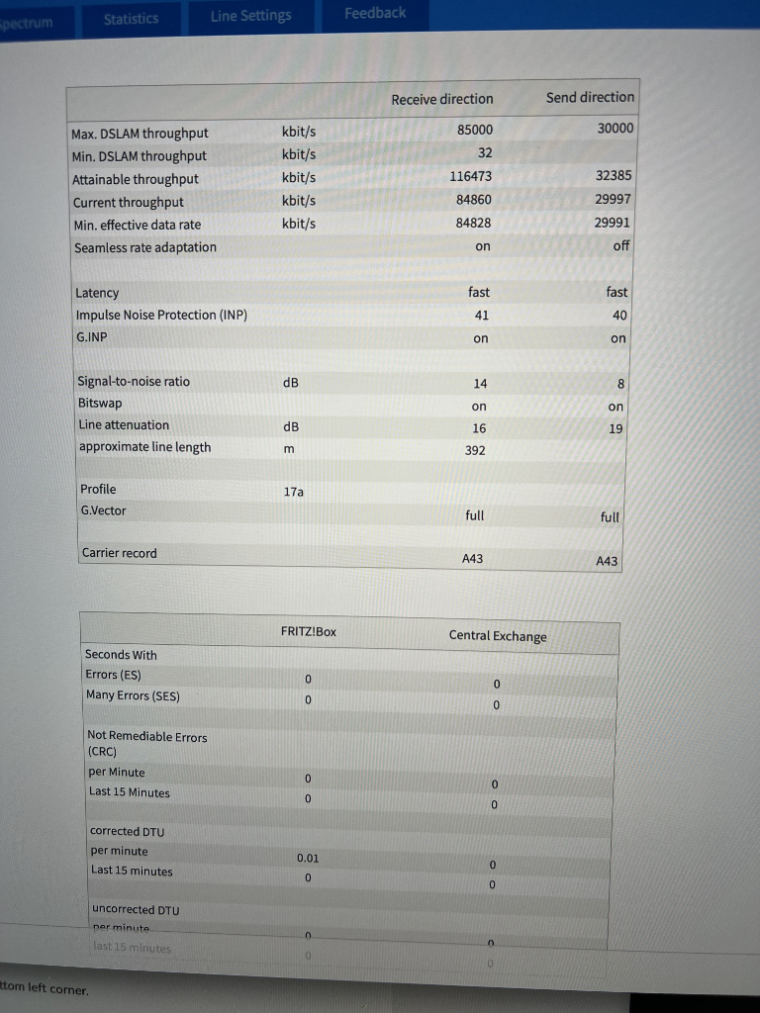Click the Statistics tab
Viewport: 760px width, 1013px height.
pyautogui.click(x=131, y=19)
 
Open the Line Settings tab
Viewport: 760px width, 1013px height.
pyautogui.click(x=250, y=16)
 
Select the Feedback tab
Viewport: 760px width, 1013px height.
pyautogui.click(x=375, y=13)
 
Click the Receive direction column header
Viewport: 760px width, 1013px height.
pyautogui.click(x=441, y=99)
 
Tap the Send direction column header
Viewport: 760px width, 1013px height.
pyautogui.click(x=590, y=97)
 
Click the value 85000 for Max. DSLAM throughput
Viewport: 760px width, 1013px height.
pyautogui.click(x=475, y=130)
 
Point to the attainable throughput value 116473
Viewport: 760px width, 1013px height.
pyautogui.click(x=472, y=176)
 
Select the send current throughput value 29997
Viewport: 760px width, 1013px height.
pyautogui.click(x=614, y=199)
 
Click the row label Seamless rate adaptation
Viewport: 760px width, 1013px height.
pyautogui.click(x=144, y=247)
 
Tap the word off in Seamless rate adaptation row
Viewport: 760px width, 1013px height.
pyautogui.click(x=620, y=245)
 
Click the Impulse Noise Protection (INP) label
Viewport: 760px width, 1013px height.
pyautogui.click(x=161, y=315)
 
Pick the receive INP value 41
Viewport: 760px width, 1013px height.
pyautogui.click(x=481, y=315)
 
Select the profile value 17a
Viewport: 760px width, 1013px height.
pyautogui.click(x=294, y=491)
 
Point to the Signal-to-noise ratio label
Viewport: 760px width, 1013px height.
pyautogui.click(x=134, y=382)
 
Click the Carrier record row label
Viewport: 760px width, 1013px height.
pyautogui.click(x=119, y=553)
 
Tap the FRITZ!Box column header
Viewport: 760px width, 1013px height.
pyautogui.click(x=309, y=631)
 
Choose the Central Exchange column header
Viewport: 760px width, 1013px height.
pyautogui.click(x=497, y=636)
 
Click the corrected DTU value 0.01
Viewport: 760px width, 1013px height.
pyautogui.click(x=308, y=859)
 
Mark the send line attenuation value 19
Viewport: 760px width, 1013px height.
pyautogui.click(x=616, y=429)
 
